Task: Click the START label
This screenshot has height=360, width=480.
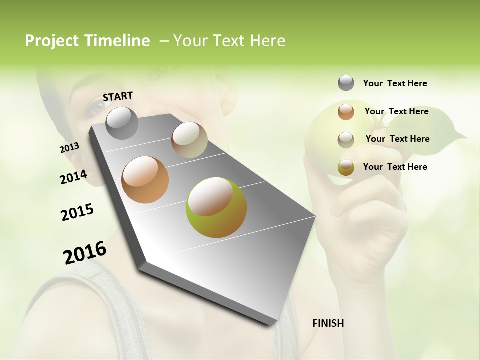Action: (118, 96)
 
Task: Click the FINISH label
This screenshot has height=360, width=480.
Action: (328, 323)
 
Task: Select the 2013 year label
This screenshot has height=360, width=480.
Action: (69, 148)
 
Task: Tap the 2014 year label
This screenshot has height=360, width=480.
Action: (73, 177)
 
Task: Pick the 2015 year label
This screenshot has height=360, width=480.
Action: (77, 212)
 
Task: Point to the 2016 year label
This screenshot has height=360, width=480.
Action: (85, 253)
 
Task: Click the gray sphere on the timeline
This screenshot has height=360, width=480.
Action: (122, 123)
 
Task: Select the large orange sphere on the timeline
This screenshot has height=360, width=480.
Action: (145, 179)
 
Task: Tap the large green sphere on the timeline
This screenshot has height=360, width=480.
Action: (216, 207)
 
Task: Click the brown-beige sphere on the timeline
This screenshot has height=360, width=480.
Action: (189, 140)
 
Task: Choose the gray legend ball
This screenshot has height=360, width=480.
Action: (346, 83)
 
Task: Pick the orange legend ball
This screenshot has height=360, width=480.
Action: (346, 112)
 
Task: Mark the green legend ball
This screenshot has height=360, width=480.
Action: (346, 168)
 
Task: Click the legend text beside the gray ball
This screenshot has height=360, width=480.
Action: (395, 83)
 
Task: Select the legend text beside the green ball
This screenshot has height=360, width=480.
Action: (395, 167)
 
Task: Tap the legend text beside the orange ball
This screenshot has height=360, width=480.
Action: (396, 111)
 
